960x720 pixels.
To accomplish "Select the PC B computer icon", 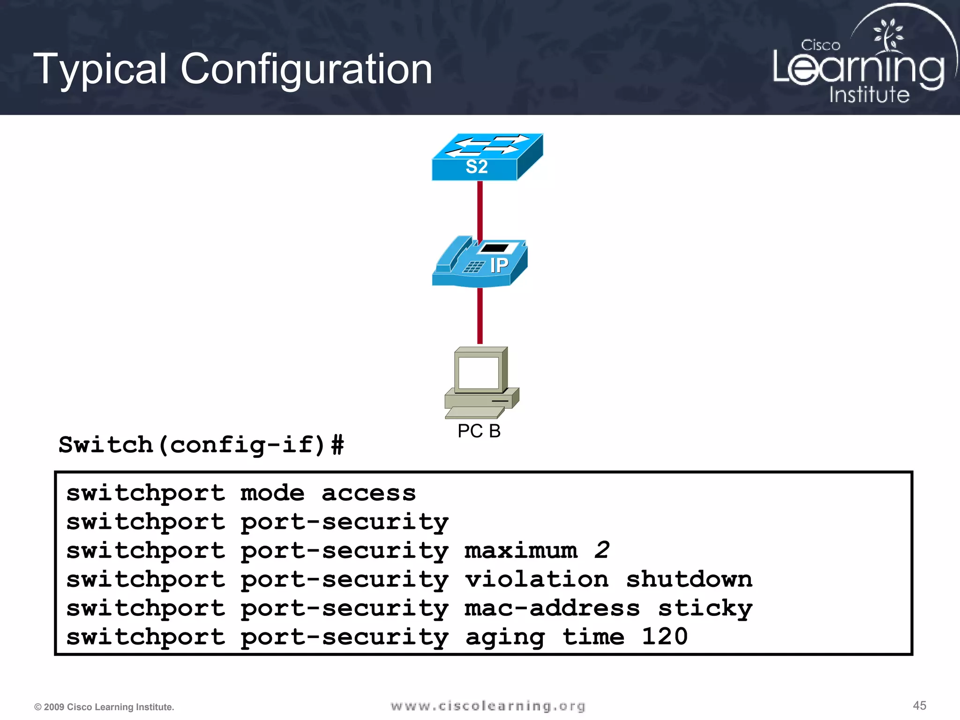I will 481,382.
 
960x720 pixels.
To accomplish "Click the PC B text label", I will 479,431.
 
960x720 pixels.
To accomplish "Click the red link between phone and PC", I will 480,315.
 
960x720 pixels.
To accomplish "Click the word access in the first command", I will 368,493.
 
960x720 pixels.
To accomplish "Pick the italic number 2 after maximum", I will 602,550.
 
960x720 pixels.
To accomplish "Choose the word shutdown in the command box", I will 689,579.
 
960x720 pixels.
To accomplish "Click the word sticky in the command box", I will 705,608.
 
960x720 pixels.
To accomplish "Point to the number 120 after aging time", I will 664,637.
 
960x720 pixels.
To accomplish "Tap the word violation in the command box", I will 537,579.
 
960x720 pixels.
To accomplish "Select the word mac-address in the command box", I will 552,608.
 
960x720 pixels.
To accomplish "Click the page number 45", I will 919,705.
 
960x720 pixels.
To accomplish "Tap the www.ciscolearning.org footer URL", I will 488,706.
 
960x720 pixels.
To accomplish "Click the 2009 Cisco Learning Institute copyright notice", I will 104,707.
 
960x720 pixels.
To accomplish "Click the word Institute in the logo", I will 869,94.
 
